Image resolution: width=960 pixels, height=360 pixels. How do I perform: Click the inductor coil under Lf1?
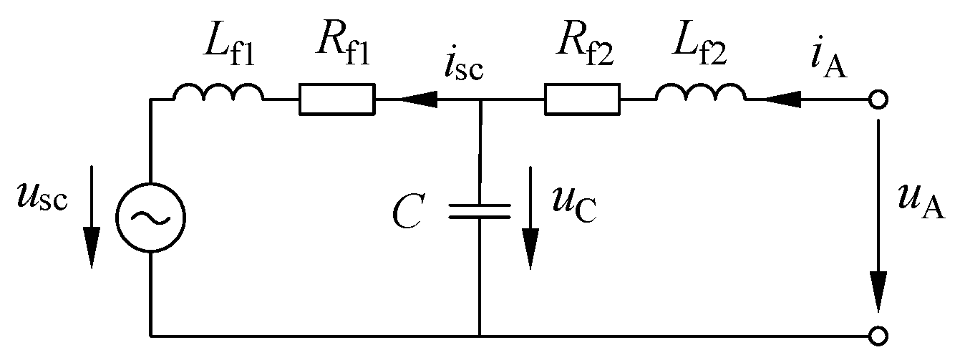218,94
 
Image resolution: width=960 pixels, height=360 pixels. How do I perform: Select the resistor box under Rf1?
336,99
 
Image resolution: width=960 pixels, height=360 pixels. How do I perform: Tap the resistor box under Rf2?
582,99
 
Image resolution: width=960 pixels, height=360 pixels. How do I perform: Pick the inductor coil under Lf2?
700,94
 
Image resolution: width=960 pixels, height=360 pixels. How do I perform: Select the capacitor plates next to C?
480,210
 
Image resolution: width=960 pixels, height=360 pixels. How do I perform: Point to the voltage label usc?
43,198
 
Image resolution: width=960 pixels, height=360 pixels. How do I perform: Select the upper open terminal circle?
879,100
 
